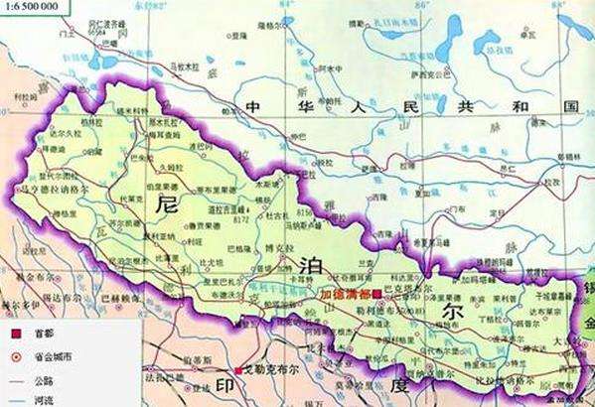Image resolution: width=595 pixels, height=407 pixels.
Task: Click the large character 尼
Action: (168, 206)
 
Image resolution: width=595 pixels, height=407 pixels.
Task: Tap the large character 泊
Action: (304, 263)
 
